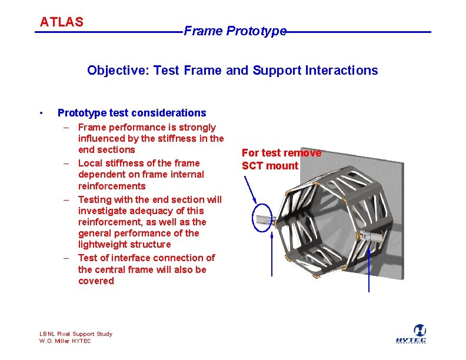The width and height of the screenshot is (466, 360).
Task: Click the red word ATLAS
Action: pyautogui.click(x=62, y=22)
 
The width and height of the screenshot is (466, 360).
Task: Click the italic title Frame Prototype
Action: pyautogui.click(x=235, y=31)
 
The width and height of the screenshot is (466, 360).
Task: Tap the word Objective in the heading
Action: pyautogui.click(x=118, y=71)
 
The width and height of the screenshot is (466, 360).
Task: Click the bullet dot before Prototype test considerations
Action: pyautogui.click(x=41, y=113)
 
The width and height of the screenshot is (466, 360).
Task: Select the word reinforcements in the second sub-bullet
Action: pyautogui.click(x=112, y=186)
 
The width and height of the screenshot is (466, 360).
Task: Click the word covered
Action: pyautogui.click(x=96, y=281)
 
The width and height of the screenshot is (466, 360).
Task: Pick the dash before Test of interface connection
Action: pyautogui.click(x=66, y=258)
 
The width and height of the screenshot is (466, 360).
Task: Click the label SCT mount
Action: pyautogui.click(x=270, y=166)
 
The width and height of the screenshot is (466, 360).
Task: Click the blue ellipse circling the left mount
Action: pyautogui.click(x=252, y=218)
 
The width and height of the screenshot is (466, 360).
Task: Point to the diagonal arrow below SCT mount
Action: pyautogui.click(x=250, y=189)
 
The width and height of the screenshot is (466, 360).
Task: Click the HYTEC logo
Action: pyautogui.click(x=411, y=334)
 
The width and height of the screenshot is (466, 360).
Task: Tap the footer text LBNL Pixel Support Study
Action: pyautogui.click(x=76, y=334)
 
